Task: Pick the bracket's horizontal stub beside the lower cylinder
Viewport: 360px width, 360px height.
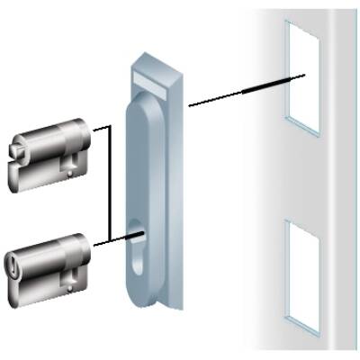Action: click(x=100, y=240)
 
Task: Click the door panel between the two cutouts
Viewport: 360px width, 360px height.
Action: click(x=301, y=175)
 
